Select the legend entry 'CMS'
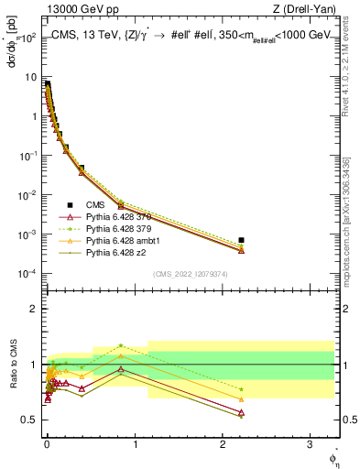[x=96, y=204]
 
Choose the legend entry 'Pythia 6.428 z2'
[x=117, y=253]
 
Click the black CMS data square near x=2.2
[x=241, y=240]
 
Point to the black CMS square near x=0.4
[x=82, y=169]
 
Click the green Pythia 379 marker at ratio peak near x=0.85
[x=121, y=345]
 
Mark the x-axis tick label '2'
[x=223, y=443]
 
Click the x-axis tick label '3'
[x=311, y=443]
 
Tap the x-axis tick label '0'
[x=47, y=443]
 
